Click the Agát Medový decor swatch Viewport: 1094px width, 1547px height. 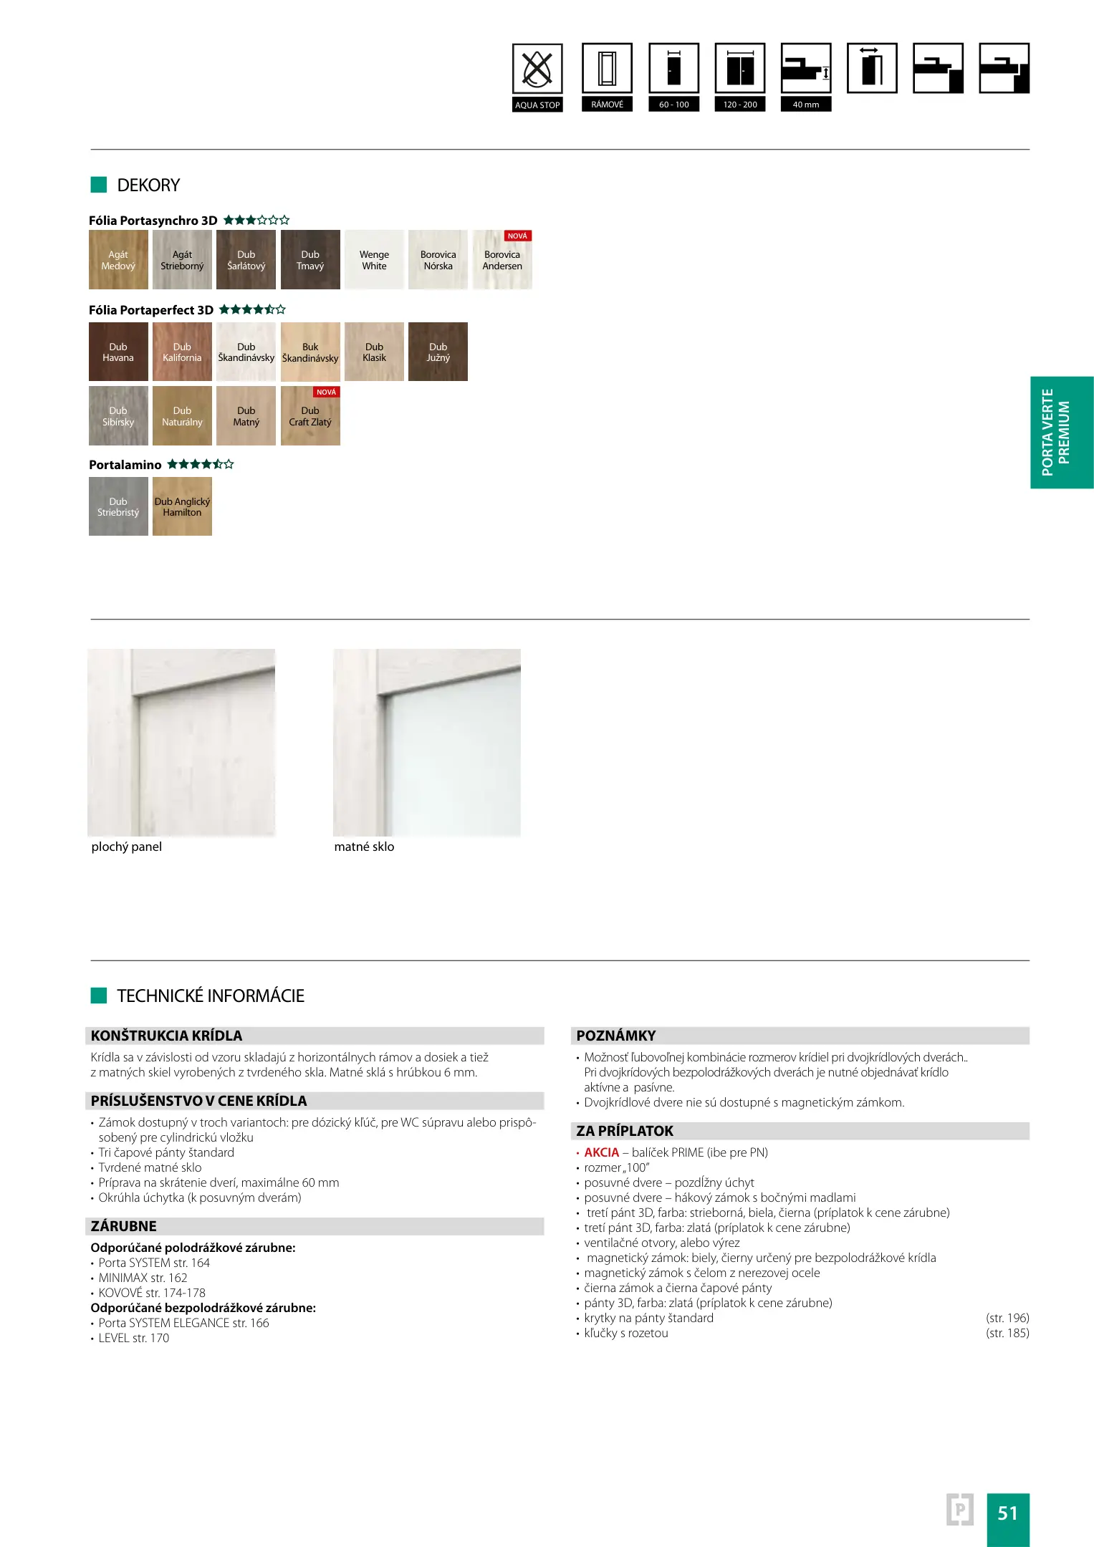(118, 260)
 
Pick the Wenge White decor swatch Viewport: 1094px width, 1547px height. (374, 260)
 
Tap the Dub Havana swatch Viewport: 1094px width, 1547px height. (118, 352)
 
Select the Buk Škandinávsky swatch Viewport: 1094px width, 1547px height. (310, 352)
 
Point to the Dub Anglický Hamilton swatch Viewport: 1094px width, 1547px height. (182, 507)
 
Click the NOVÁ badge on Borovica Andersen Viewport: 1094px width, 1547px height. (517, 236)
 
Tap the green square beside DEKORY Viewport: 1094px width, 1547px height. (99, 185)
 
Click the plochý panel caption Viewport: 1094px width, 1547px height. (127, 847)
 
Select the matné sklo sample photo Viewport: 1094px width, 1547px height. (427, 743)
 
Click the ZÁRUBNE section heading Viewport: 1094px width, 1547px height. (124, 1226)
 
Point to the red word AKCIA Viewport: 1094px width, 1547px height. (601, 1152)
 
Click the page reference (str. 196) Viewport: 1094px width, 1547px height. (1007, 1318)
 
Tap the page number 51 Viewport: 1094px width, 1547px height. (1008, 1513)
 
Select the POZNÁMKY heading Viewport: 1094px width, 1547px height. (616, 1036)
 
